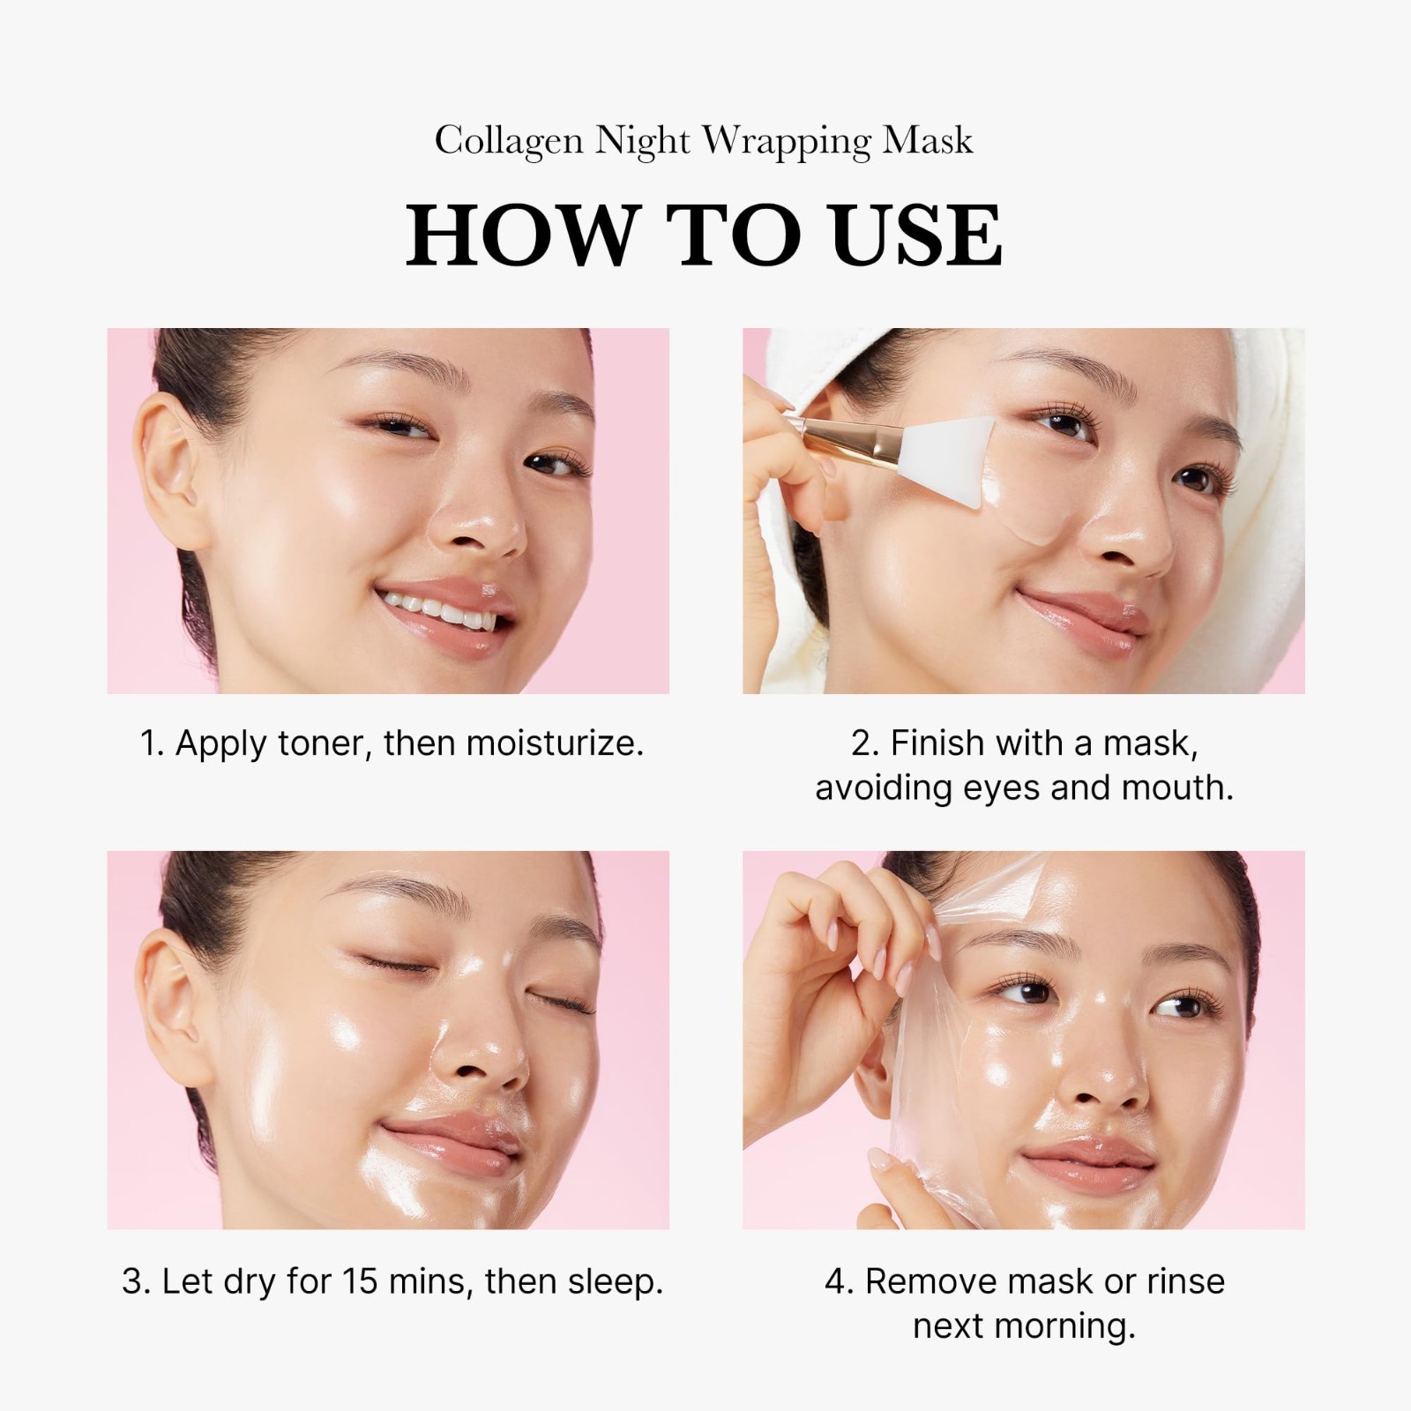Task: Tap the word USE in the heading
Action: [x=916, y=235]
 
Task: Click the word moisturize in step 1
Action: [x=554, y=743]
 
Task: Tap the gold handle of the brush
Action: [x=847, y=441]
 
